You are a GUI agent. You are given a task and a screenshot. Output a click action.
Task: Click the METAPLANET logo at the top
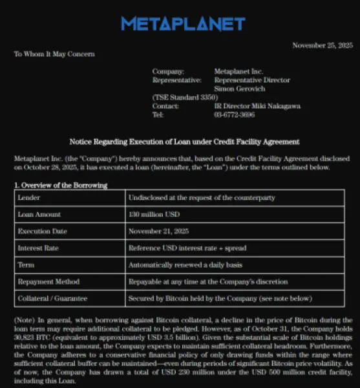point(183,25)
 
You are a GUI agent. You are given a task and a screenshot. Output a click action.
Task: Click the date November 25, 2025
point(323,45)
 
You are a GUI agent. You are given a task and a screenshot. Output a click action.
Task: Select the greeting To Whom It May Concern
point(54,54)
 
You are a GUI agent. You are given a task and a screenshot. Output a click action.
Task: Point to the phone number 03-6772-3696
point(235,114)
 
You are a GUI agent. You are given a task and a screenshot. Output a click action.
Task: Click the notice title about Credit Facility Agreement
point(184,142)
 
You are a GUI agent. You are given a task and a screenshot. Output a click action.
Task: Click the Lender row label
point(29,197)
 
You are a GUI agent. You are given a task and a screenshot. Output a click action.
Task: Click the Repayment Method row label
point(48,282)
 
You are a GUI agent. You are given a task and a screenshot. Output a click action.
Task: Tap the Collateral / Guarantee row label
point(52,299)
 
